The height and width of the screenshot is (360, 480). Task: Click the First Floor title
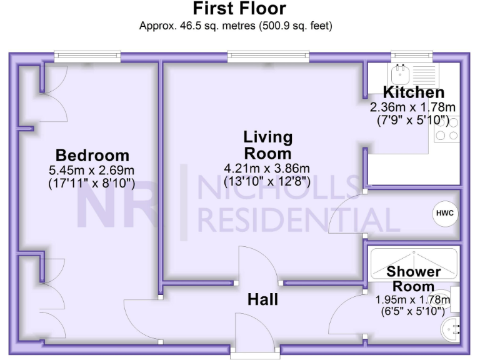[x=239, y=9]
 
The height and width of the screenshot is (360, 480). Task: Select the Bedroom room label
[x=92, y=156]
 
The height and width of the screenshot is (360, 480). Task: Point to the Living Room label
[x=268, y=145]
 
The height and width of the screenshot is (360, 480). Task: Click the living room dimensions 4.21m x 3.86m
[x=267, y=168]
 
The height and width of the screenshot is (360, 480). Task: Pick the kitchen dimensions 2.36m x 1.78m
[x=413, y=107]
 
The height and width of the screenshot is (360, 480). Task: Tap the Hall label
[x=262, y=300]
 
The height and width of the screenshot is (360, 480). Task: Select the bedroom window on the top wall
[x=87, y=56]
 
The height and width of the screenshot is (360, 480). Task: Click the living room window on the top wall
[x=268, y=56]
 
